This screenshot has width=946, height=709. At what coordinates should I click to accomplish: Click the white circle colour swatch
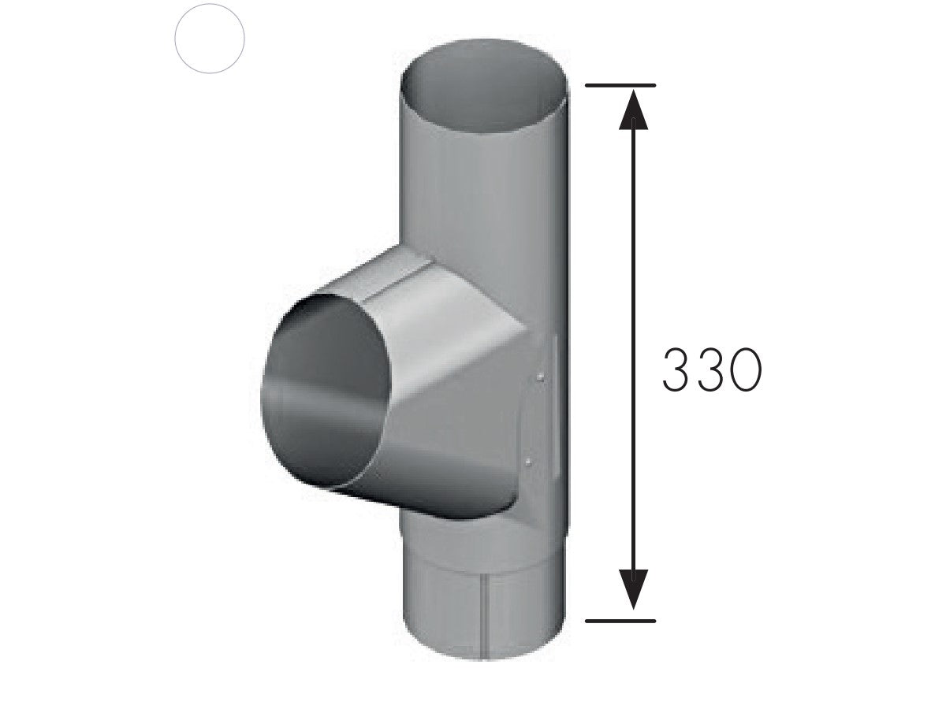pyautogui.click(x=210, y=39)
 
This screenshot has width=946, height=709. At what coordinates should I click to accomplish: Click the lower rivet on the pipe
pyautogui.click(x=528, y=459)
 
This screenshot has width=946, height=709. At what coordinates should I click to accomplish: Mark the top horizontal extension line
pyautogui.click(x=621, y=84)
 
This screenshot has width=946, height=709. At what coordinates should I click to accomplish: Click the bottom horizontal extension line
pyautogui.click(x=621, y=621)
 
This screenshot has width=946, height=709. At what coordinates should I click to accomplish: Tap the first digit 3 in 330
pyautogui.click(x=679, y=370)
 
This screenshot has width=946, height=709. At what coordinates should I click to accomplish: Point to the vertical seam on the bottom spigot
pyautogui.click(x=483, y=607)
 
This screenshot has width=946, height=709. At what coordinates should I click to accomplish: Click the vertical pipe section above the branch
pyautogui.click(x=485, y=181)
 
